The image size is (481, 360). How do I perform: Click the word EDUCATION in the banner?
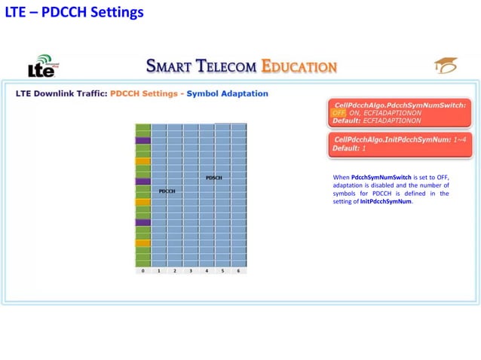299,66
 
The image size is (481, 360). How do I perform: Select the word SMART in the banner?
173,66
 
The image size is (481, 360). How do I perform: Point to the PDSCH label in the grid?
213,178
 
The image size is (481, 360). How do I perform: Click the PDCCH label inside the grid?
167,191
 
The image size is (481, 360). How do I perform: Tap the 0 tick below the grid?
142,270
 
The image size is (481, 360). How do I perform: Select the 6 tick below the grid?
238,270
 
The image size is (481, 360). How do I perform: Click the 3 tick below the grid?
191,270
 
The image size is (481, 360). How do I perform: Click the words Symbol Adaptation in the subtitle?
227,94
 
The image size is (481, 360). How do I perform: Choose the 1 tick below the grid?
158,270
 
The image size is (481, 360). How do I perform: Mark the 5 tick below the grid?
222,270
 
